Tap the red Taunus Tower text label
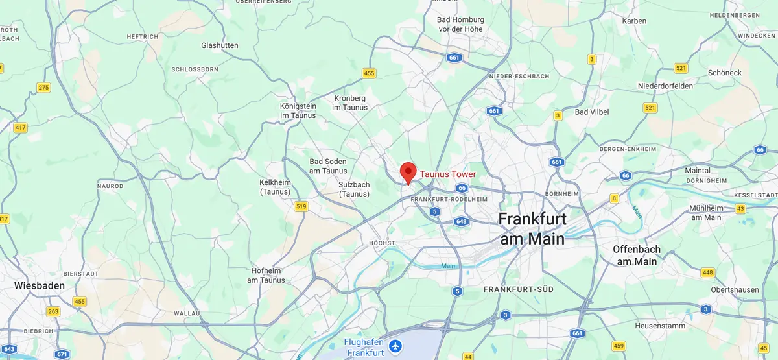(448, 174)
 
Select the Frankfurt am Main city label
(532, 228)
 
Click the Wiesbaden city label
(40, 285)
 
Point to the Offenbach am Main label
(637, 255)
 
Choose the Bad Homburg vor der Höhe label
(460, 25)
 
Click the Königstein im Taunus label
(298, 111)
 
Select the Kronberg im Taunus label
(350, 103)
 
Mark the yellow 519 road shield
(301, 207)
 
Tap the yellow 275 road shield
(43, 88)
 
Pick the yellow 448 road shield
(707, 272)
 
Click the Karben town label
(634, 21)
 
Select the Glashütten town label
(220, 45)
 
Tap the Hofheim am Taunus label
(266, 276)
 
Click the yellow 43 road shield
(740, 209)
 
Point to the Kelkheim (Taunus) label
(275, 187)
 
